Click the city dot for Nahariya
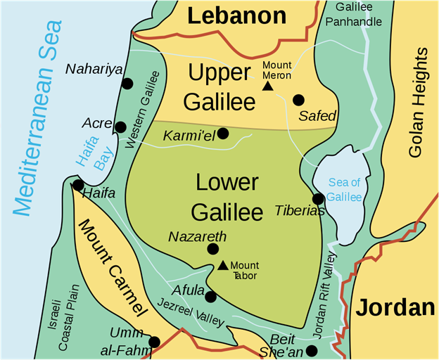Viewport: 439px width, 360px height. coord(127,84)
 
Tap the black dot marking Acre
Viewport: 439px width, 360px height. coord(120,127)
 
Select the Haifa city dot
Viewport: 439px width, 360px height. coord(77,185)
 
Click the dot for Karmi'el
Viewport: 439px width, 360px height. coord(223,133)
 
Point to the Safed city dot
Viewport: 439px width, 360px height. coord(299,99)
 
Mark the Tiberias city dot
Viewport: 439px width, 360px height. coord(318,199)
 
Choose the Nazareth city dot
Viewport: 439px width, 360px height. coord(212,249)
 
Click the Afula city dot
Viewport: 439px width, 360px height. coord(210,297)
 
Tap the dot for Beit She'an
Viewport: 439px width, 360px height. coord(312,350)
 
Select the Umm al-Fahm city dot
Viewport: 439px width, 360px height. coord(155,342)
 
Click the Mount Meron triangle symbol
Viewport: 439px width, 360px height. coord(267,86)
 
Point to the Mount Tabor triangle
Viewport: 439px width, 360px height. coord(222,265)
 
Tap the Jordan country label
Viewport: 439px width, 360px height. coord(394,307)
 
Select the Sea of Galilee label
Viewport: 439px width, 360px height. coord(344,191)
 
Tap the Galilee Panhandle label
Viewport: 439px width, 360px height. coord(359,13)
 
